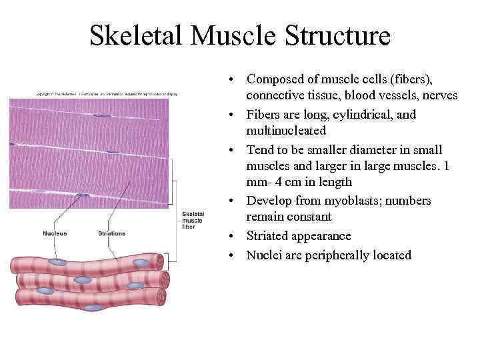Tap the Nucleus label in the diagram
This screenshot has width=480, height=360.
[55, 233]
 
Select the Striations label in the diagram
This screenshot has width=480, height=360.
[111, 233]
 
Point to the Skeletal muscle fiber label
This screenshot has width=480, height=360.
[193, 220]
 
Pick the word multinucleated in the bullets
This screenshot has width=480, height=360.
[286, 131]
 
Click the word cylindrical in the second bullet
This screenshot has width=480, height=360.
[361, 114]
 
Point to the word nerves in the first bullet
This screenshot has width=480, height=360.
[439, 96]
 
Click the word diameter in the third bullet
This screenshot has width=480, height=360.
[369, 149]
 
